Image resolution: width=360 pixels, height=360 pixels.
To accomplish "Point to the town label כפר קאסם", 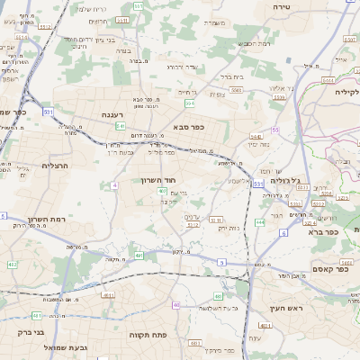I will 310,269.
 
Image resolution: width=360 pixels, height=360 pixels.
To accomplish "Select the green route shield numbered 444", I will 260,221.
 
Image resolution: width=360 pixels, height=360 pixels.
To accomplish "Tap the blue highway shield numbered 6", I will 283,233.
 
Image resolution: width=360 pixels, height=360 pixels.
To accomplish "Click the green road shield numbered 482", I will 13,265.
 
